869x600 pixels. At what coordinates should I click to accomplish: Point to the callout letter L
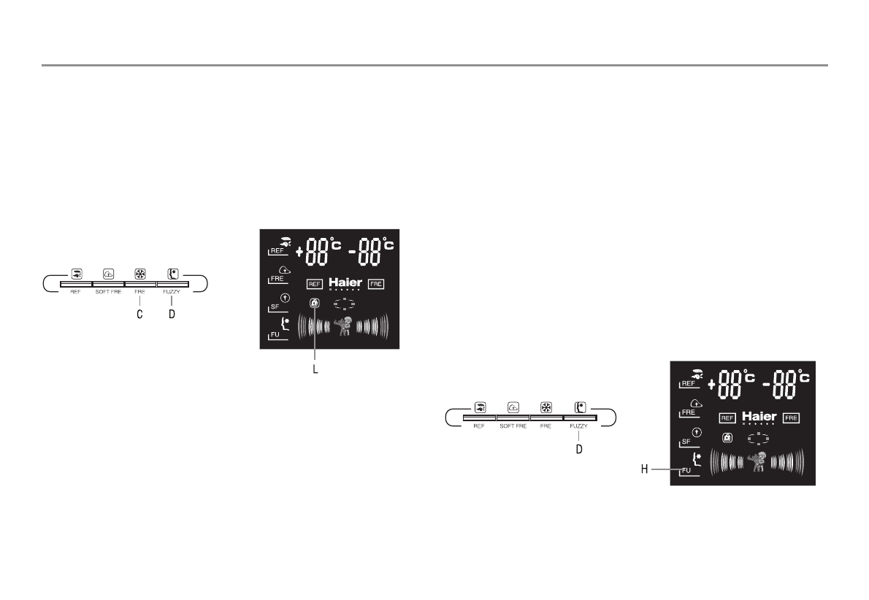click(x=315, y=370)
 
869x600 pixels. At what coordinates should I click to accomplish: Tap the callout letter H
click(x=645, y=470)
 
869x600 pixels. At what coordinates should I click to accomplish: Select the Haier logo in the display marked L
click(x=345, y=283)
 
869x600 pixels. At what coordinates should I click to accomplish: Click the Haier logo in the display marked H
click(x=759, y=417)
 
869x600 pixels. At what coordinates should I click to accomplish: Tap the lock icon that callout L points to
click(x=314, y=303)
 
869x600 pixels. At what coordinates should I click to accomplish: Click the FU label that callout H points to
click(x=686, y=471)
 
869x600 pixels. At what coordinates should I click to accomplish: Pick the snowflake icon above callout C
click(x=140, y=274)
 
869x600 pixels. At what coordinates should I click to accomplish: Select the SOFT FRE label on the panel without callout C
click(x=513, y=426)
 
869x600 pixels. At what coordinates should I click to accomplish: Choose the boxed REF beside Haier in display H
click(x=727, y=418)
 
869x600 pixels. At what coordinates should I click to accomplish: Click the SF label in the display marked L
click(x=275, y=307)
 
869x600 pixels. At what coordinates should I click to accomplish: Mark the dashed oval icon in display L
click(x=343, y=304)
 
